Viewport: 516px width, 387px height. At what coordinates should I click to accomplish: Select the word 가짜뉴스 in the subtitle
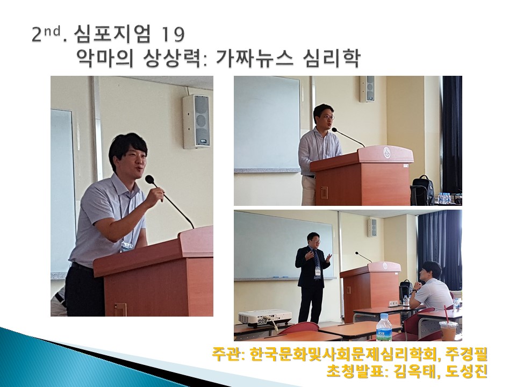pos(252,59)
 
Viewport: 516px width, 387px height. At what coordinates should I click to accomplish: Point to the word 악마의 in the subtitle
pos(105,59)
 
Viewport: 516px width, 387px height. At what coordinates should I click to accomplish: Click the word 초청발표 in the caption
pos(355,372)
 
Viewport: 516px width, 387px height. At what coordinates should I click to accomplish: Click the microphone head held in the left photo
pos(150,180)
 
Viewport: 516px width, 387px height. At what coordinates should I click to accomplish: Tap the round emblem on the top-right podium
pos(386,152)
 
